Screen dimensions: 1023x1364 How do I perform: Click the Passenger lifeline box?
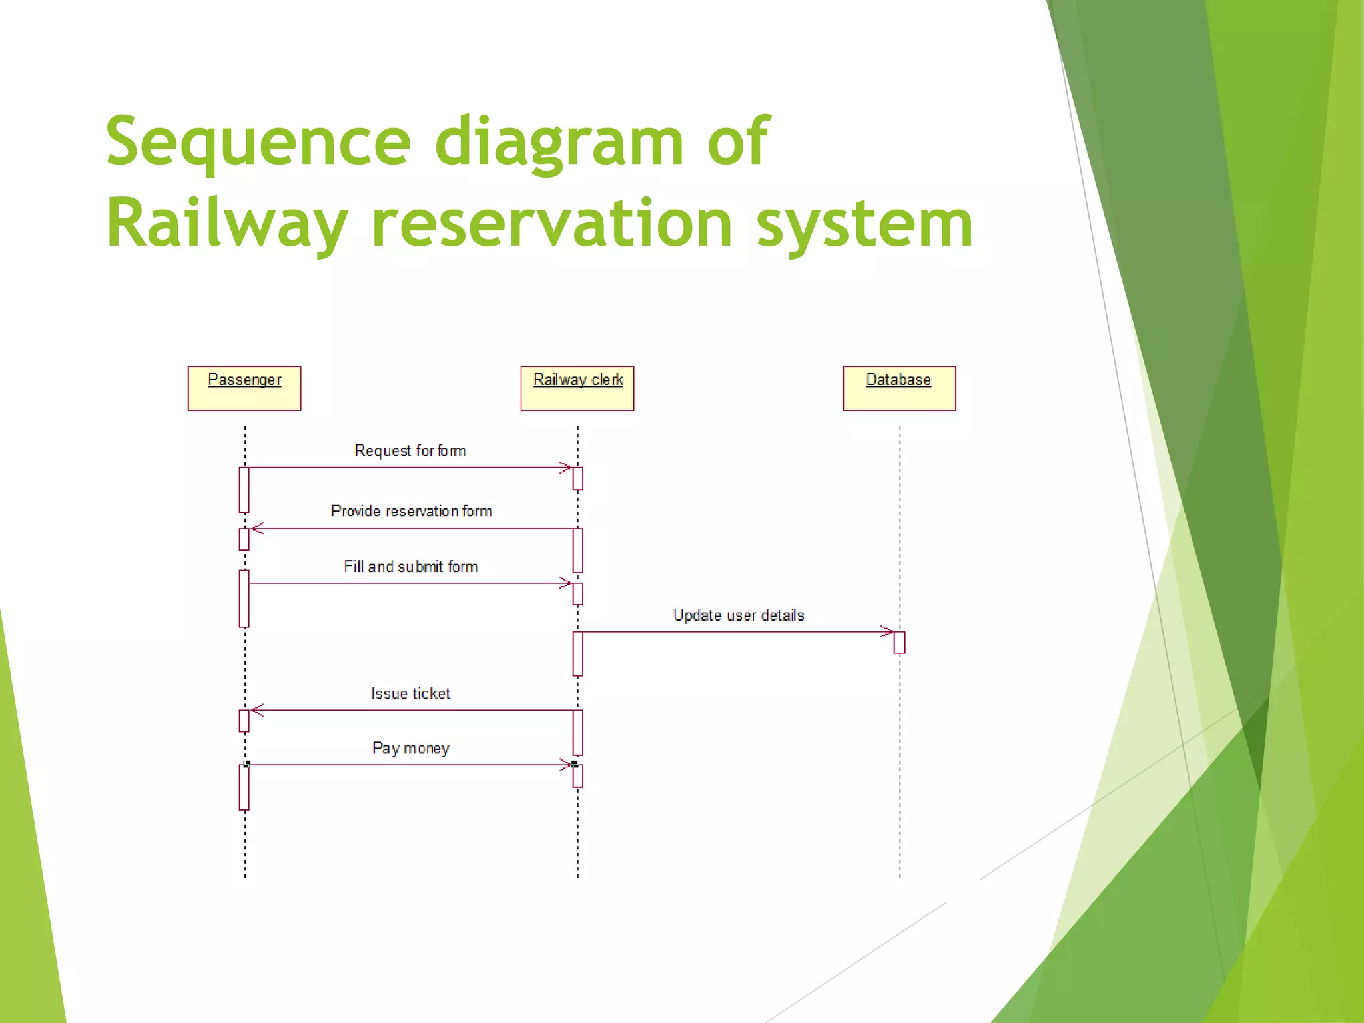244,388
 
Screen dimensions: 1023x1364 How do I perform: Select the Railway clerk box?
577,388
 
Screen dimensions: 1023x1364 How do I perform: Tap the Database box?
899,388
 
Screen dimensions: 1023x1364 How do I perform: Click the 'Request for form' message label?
410,451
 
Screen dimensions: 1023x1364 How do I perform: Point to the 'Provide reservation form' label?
411,511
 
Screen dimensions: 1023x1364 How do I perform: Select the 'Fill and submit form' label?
410,567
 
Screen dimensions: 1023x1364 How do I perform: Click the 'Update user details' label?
738,615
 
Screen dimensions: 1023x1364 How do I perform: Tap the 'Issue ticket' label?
410,693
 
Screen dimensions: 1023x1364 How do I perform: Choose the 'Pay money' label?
410,748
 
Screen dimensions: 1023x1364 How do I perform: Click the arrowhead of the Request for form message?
566,468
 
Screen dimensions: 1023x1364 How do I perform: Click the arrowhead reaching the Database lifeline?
887,631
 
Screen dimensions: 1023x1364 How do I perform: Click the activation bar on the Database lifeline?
899,643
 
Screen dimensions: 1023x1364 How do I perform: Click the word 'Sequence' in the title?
258,141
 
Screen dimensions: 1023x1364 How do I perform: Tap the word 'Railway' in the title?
226,224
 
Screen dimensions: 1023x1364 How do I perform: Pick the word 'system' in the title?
864,224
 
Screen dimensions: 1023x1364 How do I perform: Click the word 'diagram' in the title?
559,141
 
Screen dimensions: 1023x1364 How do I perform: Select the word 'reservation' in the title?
552,224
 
